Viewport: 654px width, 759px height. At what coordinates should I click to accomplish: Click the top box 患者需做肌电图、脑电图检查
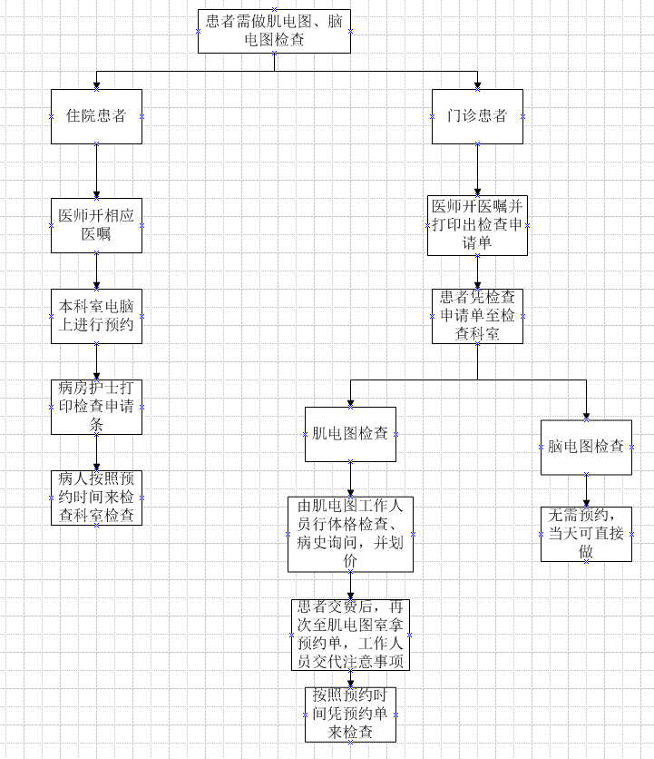coord(274,31)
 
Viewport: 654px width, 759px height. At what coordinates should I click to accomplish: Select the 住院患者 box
coord(96,116)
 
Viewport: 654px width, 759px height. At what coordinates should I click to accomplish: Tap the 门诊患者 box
coord(477,116)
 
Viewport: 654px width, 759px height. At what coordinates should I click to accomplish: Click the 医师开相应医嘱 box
coord(96,225)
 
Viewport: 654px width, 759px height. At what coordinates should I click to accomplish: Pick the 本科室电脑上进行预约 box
coord(96,316)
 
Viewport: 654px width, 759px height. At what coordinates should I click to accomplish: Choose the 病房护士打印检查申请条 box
coord(96,407)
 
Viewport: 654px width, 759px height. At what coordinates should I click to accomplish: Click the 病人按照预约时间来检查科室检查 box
coord(96,498)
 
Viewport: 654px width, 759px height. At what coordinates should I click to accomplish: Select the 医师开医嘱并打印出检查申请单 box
coord(477,225)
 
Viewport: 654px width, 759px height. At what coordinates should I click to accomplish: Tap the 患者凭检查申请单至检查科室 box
coord(477,316)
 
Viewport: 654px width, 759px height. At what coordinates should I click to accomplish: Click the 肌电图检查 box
coord(350,434)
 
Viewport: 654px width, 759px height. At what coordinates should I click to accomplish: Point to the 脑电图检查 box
coord(586,447)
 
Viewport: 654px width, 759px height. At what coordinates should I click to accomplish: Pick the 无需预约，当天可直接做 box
coord(586,533)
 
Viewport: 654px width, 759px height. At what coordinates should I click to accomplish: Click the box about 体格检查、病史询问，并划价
coord(350,534)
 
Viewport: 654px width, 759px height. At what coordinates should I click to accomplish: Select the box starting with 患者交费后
coord(350,635)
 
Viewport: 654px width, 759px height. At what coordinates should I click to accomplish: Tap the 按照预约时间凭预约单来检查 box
coord(350,715)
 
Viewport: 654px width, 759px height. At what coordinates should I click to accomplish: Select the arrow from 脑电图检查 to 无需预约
coord(586,491)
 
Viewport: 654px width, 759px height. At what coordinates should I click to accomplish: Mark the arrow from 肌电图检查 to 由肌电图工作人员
coord(350,478)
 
